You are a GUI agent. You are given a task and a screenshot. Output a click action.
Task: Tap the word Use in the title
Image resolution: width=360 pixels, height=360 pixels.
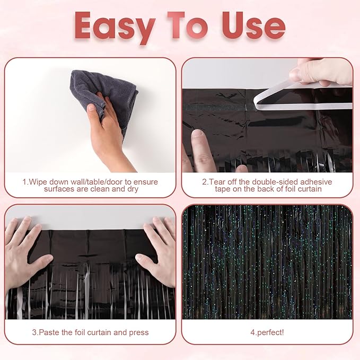[x=253, y=25]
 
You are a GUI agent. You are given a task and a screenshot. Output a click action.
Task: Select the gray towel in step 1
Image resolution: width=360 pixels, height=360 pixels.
[x=104, y=99]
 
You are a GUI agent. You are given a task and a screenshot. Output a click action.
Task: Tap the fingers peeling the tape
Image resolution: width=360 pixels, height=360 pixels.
[x=321, y=72]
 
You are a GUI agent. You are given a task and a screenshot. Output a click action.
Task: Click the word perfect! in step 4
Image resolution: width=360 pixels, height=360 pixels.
[x=270, y=332]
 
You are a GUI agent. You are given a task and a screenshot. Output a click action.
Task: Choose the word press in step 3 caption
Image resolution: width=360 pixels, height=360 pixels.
[x=139, y=332]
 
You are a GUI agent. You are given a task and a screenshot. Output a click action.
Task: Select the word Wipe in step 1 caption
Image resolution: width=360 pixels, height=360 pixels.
[x=38, y=182]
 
